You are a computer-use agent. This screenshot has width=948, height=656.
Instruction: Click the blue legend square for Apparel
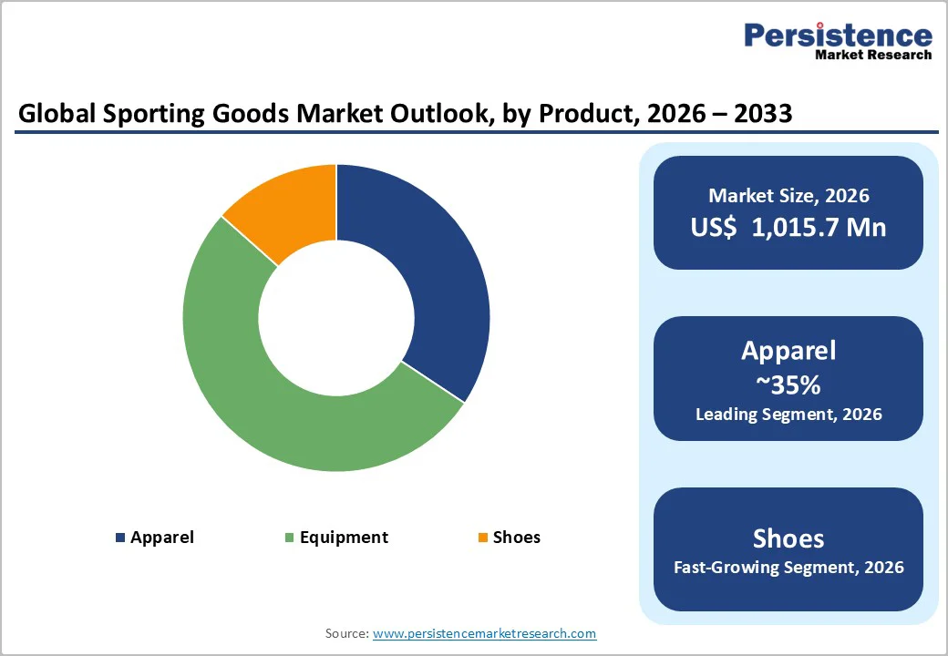pos(120,538)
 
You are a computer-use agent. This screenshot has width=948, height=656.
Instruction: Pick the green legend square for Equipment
pos(290,538)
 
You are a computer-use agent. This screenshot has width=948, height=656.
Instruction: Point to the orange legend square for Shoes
pos(482,538)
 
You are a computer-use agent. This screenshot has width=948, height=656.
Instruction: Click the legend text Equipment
pos(344,538)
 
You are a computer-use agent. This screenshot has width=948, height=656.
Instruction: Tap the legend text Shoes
pos(516,538)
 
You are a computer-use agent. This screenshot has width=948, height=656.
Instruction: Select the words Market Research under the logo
pos(872,55)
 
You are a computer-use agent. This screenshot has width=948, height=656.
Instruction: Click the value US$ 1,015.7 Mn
pos(788,227)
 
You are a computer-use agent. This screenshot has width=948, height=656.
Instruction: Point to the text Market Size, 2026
pos(788,195)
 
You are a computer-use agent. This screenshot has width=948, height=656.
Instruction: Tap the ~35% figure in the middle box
pos(788,385)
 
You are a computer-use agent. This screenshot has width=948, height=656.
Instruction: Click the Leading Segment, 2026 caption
pos(788,415)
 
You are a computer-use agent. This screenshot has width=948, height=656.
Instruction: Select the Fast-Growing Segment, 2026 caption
pos(788,568)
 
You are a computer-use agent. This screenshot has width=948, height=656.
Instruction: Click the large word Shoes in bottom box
pos(788,538)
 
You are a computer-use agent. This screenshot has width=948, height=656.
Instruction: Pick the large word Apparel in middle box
pos(788,351)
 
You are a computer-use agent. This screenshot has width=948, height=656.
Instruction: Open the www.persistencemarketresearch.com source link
pos(484,633)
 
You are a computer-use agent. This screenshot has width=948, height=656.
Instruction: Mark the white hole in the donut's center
pos(335,318)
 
